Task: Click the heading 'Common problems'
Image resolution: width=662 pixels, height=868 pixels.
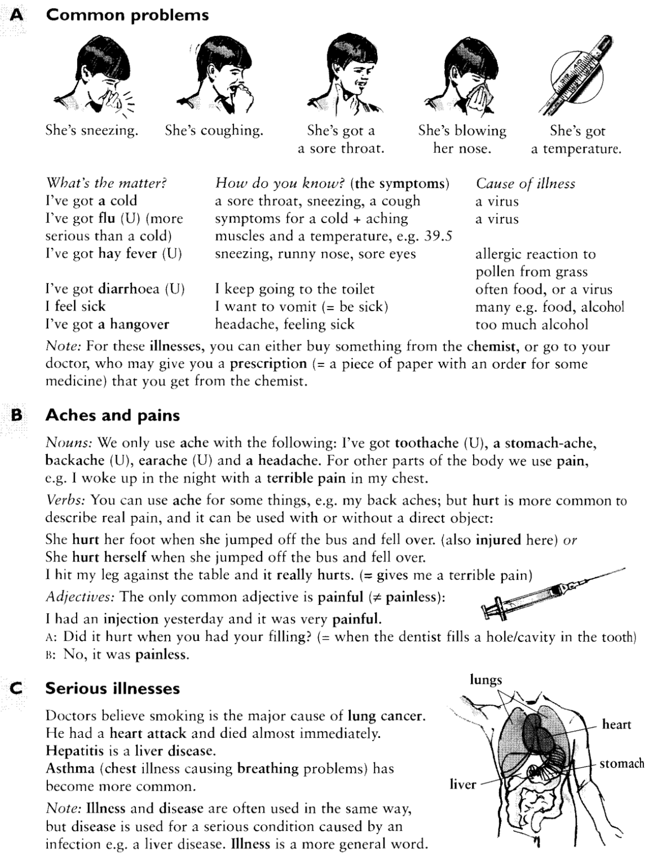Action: (127, 15)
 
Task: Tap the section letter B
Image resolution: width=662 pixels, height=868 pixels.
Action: (17, 415)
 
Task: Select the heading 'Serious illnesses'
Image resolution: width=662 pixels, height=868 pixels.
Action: (112, 688)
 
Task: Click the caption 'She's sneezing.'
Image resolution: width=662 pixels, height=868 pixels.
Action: (91, 131)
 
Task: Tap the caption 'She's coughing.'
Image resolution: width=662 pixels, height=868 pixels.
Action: (214, 131)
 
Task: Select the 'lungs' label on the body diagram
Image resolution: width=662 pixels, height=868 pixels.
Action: (486, 680)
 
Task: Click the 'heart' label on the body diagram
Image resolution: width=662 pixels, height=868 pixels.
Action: (617, 724)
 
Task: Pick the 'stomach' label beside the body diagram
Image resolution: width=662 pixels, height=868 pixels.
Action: (621, 764)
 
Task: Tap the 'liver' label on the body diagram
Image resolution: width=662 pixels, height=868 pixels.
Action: (462, 784)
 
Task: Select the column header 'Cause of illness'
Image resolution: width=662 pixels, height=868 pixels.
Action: (526, 184)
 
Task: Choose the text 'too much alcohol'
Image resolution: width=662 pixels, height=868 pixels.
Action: (531, 325)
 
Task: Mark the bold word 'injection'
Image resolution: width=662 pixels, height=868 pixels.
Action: (131, 619)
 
